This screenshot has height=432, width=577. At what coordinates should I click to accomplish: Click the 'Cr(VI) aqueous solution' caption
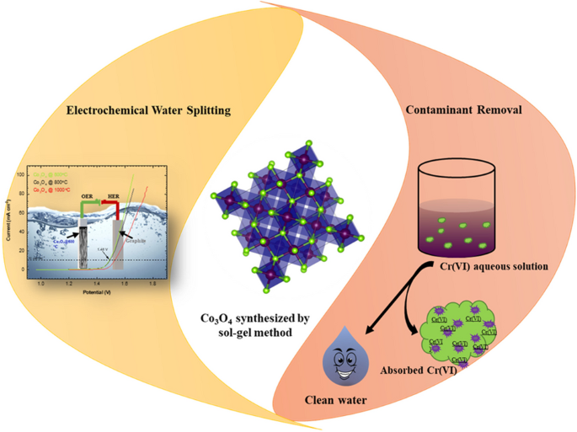click(x=489, y=266)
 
